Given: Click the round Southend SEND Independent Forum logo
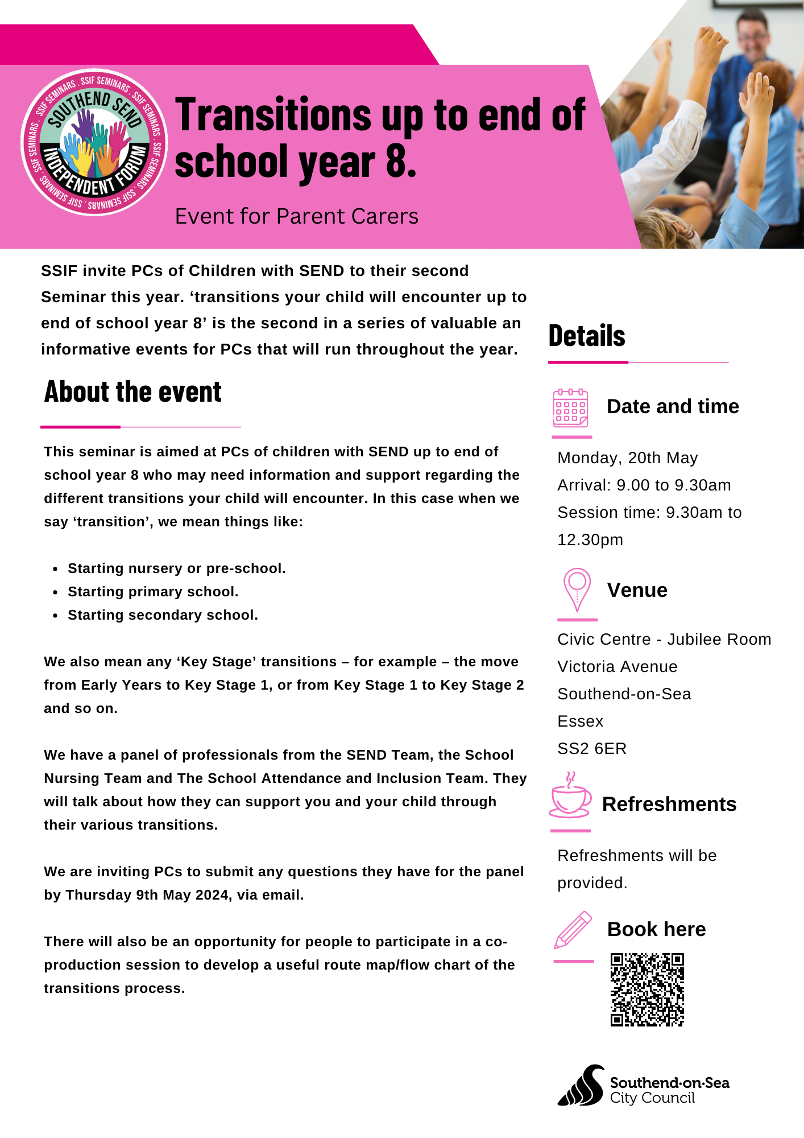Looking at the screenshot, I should pyautogui.click(x=94, y=142).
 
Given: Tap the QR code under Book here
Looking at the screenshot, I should pyautogui.click(x=647, y=989).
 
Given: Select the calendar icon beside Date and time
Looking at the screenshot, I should pyautogui.click(x=570, y=408).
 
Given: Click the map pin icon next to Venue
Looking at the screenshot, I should pyautogui.click(x=577, y=589).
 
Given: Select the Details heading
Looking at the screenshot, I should pyautogui.click(x=587, y=336).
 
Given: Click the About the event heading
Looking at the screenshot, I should pyautogui.click(x=133, y=392).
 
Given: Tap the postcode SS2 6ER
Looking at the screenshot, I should pyautogui.click(x=592, y=749).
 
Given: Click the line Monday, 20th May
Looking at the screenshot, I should pyautogui.click(x=627, y=458).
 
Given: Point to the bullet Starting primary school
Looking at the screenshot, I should pyautogui.click(x=153, y=592).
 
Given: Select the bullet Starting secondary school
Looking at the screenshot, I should pyautogui.click(x=163, y=615).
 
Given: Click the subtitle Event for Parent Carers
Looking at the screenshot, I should pyautogui.click(x=296, y=217).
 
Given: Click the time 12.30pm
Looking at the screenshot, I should pyautogui.click(x=590, y=540).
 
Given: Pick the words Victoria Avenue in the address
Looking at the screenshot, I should pyautogui.click(x=617, y=667).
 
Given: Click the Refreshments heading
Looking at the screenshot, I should pyautogui.click(x=669, y=805).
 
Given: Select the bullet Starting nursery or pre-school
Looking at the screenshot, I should pyautogui.click(x=176, y=568).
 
